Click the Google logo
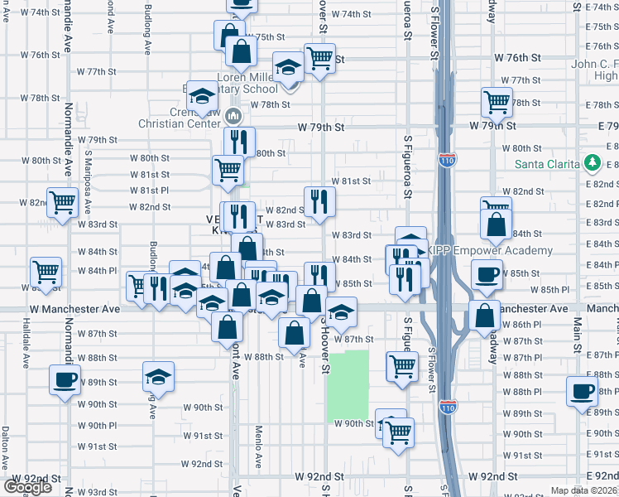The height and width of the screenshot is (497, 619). (28, 487)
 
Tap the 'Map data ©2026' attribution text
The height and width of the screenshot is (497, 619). (584, 490)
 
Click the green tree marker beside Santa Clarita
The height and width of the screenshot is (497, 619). (593, 162)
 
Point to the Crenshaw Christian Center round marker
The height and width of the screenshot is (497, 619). (233, 113)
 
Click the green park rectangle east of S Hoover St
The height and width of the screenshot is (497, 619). (348, 385)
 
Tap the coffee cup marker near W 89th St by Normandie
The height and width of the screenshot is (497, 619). (65, 381)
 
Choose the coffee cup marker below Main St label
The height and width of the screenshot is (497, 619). (582, 390)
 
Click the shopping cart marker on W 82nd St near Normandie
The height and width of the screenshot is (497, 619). (61, 201)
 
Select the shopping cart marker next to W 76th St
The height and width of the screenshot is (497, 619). (319, 57)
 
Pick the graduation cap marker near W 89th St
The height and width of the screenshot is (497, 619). (158, 377)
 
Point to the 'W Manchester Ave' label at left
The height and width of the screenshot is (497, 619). (74, 308)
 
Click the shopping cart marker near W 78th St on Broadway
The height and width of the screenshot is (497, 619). (497, 102)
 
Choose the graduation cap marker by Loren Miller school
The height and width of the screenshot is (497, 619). (288, 67)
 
